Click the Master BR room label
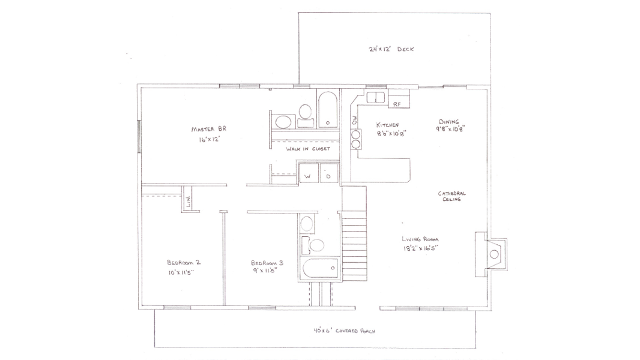(x=208, y=129)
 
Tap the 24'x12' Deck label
(x=391, y=49)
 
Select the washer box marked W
(x=308, y=172)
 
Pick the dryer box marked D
(x=328, y=172)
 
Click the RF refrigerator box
(x=399, y=98)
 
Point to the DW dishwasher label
(x=354, y=120)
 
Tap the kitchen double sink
(x=375, y=98)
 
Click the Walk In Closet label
(x=308, y=149)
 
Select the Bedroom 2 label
(x=184, y=263)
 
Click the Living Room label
(x=420, y=239)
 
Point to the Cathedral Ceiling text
(x=451, y=196)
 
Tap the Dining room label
(x=449, y=121)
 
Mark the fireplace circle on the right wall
(x=494, y=254)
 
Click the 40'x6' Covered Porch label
(x=345, y=331)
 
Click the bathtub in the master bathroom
(x=328, y=109)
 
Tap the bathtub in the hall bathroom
(x=320, y=268)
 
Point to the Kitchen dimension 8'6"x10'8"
(x=391, y=133)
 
